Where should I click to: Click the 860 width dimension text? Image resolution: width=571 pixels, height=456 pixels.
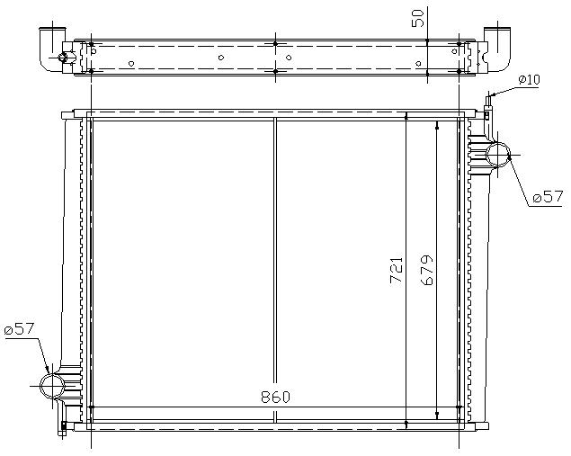(275, 397)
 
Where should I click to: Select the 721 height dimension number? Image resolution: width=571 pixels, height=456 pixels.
(397, 271)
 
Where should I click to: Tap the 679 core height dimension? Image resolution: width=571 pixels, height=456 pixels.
(427, 270)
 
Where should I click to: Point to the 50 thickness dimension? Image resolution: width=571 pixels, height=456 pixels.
(418, 18)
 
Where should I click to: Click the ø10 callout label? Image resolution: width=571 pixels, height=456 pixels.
(529, 80)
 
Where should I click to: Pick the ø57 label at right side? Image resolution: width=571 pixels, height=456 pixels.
(548, 197)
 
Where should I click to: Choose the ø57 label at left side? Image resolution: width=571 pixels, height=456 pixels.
(19, 329)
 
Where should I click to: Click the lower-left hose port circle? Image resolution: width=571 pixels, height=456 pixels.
(52, 386)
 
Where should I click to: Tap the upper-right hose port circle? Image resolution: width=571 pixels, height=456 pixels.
(498, 155)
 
